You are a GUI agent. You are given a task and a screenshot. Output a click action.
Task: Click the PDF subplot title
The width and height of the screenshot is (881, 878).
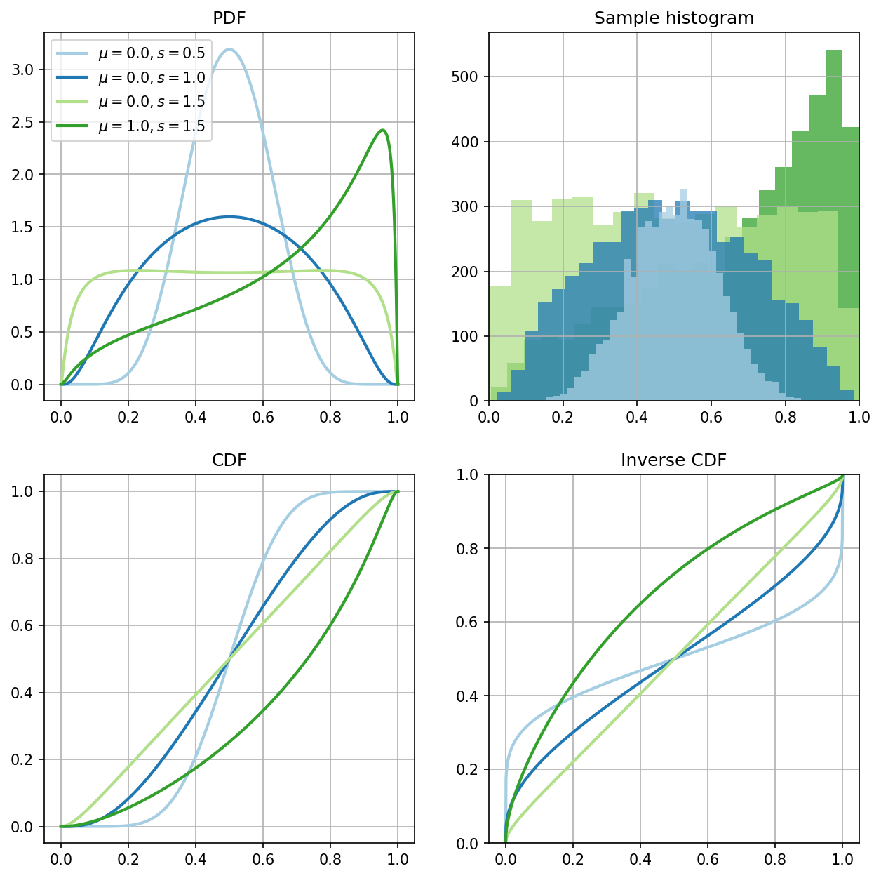[x=229, y=18]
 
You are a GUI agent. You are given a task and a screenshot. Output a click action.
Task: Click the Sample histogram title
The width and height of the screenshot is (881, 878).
[x=673, y=18]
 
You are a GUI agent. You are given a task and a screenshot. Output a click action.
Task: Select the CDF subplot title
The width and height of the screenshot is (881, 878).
[x=229, y=460]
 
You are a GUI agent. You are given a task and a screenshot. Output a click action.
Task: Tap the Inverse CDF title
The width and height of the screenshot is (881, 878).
[x=673, y=460]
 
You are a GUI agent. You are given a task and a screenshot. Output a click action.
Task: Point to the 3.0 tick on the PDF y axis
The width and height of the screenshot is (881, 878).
[x=22, y=69]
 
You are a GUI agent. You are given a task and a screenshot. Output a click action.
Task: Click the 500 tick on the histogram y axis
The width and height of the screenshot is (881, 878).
[x=464, y=77]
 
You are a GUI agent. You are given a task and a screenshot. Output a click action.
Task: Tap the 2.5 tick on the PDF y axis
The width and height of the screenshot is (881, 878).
[x=22, y=122]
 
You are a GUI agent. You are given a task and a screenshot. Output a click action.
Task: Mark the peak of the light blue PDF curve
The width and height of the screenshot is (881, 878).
[x=229, y=49]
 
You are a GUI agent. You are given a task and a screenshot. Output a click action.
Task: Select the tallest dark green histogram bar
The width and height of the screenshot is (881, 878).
[x=834, y=225]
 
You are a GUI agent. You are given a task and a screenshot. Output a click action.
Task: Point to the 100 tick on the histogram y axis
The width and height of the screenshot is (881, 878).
[x=464, y=336]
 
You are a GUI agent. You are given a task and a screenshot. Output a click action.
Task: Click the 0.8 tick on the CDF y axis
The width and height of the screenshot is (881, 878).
[x=22, y=559]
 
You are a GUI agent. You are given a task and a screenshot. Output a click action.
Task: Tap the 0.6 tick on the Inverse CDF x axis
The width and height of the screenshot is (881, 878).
[x=707, y=859]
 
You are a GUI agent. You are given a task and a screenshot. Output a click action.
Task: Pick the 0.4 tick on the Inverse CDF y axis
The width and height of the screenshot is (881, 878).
[x=466, y=696]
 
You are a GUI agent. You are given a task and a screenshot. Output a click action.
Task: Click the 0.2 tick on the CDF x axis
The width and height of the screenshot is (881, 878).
[x=128, y=859]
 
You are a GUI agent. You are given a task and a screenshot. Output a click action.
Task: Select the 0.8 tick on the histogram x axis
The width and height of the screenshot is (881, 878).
[x=785, y=418]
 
